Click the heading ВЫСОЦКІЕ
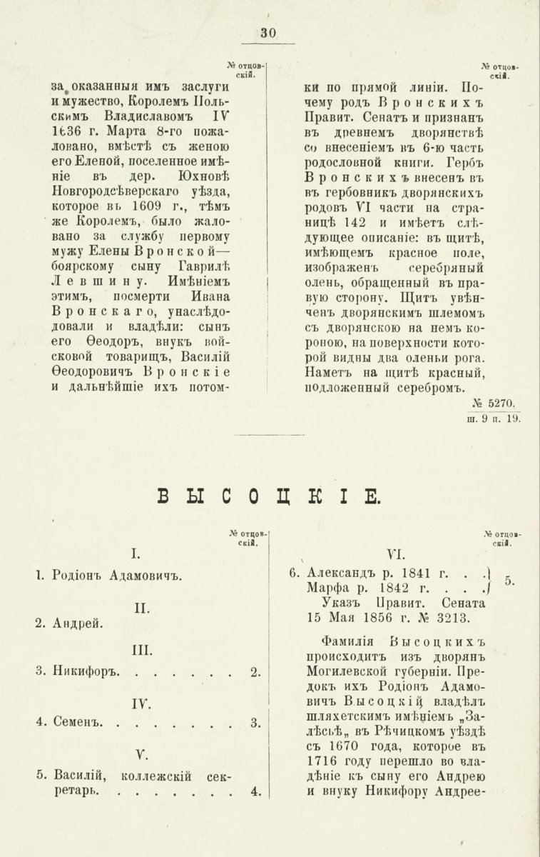(x=269, y=496)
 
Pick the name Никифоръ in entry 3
(x=85, y=671)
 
